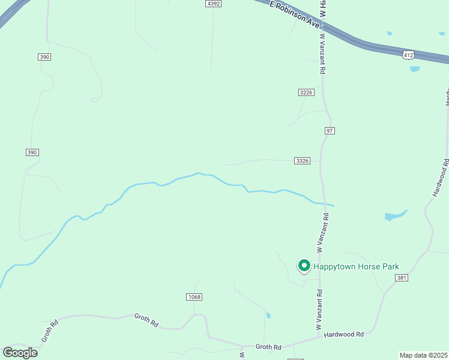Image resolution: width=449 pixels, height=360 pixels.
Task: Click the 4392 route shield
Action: (213, 4)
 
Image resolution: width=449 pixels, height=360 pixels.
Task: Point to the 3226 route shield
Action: (306, 92)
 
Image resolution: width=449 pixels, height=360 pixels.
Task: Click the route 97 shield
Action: (330, 131)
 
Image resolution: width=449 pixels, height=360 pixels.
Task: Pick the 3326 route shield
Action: (303, 161)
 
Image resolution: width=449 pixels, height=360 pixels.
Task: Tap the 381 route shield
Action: (402, 278)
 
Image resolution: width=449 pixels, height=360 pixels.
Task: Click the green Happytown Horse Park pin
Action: (304, 265)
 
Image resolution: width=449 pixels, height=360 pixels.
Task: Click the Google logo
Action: (20, 353)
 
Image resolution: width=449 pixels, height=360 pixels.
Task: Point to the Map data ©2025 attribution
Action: (424, 355)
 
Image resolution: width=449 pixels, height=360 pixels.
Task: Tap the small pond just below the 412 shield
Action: (415, 69)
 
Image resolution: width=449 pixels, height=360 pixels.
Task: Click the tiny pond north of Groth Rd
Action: (268, 315)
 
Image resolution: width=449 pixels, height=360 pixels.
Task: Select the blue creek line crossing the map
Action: (180, 178)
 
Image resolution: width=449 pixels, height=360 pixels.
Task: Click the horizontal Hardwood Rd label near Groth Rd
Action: (344, 334)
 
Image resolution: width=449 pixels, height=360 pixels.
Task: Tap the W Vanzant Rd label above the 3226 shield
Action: (322, 55)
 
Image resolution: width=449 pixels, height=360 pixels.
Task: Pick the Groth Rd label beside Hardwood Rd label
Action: (268, 347)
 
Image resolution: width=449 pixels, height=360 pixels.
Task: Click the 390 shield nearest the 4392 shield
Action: (44, 57)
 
